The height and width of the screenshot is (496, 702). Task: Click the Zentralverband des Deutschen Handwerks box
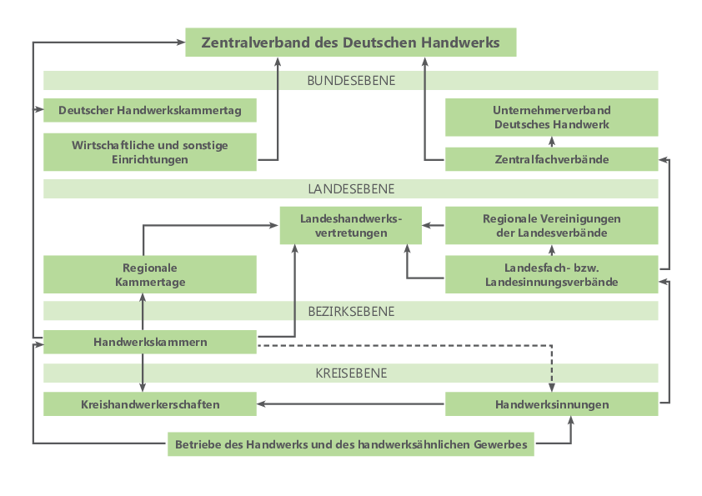[x=350, y=42]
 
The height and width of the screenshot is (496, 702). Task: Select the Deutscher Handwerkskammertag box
[x=150, y=110]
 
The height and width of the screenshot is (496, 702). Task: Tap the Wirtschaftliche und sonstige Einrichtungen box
[x=150, y=152]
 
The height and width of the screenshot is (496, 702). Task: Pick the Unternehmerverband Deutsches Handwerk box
[x=552, y=118]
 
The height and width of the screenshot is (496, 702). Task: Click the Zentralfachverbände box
[x=552, y=159]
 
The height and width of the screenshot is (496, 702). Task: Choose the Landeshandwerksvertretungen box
[x=350, y=225]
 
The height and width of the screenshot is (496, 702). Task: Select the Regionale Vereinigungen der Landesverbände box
[x=552, y=225]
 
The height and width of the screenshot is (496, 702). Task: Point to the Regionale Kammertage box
[x=150, y=274]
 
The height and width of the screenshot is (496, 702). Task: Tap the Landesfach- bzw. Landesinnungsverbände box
[x=552, y=274]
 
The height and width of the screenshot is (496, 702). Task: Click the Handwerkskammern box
[x=150, y=342]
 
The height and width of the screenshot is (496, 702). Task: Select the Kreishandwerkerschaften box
[x=150, y=404]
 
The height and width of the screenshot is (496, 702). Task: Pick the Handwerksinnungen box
[x=552, y=404]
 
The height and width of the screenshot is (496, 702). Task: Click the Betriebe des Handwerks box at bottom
[x=351, y=444]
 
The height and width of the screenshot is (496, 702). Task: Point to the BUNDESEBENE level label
[x=351, y=81]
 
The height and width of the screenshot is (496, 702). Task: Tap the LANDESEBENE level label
[x=351, y=189]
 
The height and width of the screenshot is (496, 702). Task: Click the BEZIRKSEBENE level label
[x=351, y=311]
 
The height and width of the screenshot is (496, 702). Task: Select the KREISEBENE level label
[x=351, y=373]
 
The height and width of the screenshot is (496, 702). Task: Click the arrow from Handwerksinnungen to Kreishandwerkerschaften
[x=351, y=403]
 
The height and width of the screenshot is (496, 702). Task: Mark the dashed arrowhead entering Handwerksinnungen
[x=552, y=388]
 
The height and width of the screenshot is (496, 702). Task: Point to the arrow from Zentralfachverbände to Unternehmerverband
[x=552, y=142]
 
